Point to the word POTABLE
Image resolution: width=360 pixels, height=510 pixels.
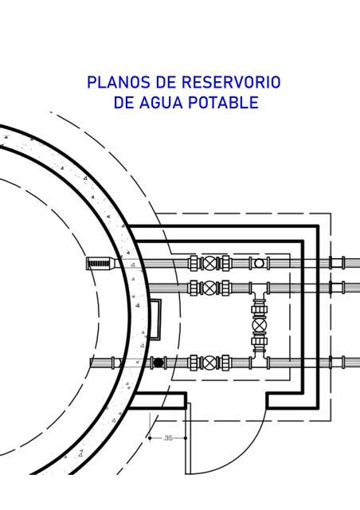click(x=224, y=103)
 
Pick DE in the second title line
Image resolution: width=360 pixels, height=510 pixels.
click(x=123, y=103)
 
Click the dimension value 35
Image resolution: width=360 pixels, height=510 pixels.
click(x=169, y=438)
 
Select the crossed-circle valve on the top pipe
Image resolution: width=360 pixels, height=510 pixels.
click(x=209, y=263)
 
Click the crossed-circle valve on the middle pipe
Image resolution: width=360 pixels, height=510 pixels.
click(x=209, y=288)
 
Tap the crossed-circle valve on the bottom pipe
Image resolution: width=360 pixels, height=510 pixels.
click(x=209, y=363)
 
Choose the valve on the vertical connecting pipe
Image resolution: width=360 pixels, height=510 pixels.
click(x=259, y=324)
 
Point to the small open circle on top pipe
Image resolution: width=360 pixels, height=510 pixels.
click(x=259, y=263)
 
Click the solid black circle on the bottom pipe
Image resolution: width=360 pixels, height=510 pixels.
click(x=158, y=363)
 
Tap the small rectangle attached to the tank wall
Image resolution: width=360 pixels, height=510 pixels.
click(x=155, y=320)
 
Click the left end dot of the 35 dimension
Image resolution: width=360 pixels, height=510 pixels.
click(x=150, y=438)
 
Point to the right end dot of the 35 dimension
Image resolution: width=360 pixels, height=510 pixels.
click(x=186, y=438)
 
